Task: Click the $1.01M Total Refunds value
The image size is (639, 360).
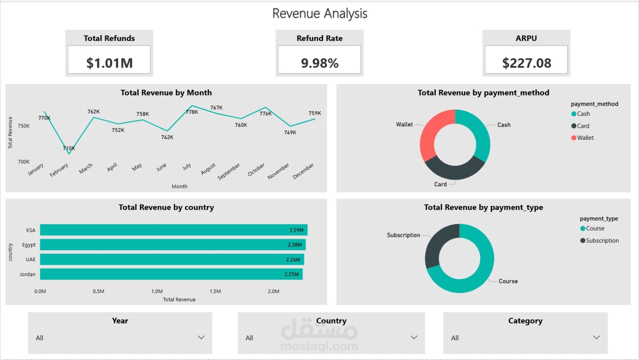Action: pos(109,63)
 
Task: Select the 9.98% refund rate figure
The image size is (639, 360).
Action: pos(319,63)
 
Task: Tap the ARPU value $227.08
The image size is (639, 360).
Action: pos(527,63)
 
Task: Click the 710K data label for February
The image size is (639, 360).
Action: pos(69,148)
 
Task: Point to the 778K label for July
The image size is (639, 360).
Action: pos(192,112)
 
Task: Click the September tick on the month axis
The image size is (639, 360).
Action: pos(229,171)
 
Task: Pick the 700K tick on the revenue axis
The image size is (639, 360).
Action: pos(24,162)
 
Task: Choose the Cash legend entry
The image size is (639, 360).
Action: pos(581,114)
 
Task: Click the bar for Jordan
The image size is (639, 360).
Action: pos(171,274)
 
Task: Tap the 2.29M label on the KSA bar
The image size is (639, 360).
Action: pos(296,230)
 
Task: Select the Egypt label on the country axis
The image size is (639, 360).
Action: pos(29,245)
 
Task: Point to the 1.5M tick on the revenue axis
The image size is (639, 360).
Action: pos(215,291)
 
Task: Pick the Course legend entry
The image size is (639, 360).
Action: pos(592,229)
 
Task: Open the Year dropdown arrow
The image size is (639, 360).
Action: pos(201,338)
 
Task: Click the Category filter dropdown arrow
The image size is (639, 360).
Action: pos(596,338)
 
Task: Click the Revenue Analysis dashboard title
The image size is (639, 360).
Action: pos(320,14)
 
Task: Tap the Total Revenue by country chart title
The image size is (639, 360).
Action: pos(166,207)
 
